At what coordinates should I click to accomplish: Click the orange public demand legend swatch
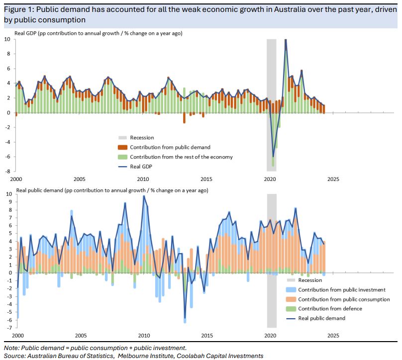click(x=122, y=147)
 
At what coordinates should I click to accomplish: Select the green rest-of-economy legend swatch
click(x=122, y=157)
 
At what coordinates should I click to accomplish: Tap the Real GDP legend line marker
click(x=122, y=167)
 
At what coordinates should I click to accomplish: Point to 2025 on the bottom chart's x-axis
click(x=333, y=336)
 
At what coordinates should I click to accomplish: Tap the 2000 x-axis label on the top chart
click(x=16, y=179)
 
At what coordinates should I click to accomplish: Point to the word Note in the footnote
click(x=11, y=348)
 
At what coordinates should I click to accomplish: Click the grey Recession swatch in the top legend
click(x=122, y=138)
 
